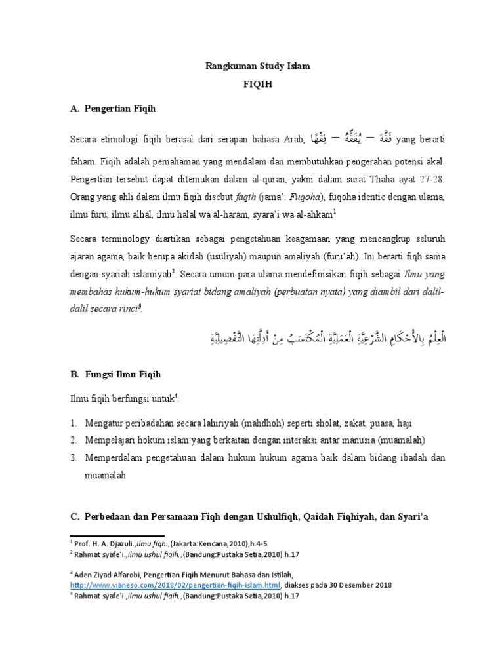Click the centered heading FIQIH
252,86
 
